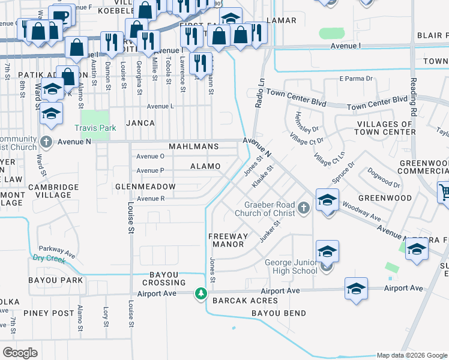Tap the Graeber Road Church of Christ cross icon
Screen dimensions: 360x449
304,208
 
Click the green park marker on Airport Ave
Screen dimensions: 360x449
201,294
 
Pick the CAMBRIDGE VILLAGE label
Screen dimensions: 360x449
53,191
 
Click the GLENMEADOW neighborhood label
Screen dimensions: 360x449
145,187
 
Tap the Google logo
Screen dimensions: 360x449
20,352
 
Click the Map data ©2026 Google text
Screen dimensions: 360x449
412,355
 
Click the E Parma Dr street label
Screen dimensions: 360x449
356,79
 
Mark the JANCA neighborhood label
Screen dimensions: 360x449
140,123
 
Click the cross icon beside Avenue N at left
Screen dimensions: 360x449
47,143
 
